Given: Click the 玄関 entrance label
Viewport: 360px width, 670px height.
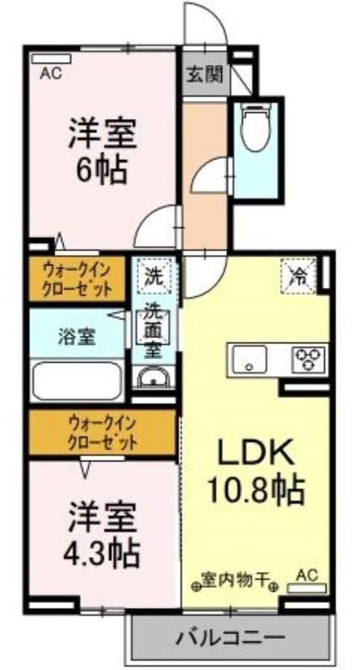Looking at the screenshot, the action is point(204,75).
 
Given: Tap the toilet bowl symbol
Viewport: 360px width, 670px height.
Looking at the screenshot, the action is point(256,125).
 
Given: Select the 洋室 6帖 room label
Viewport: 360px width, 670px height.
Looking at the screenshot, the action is point(102,151).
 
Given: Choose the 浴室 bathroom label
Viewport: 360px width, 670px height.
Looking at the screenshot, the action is point(76,338).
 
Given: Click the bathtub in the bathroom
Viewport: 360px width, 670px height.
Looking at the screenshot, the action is point(77,381).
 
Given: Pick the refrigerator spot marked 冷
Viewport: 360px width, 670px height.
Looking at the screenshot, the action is point(298,276).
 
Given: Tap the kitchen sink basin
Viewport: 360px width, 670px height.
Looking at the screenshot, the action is point(249,359).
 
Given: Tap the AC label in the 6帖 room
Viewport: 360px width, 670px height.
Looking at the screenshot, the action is point(51,74).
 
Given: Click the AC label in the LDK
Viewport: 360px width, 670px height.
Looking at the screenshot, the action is point(306,576).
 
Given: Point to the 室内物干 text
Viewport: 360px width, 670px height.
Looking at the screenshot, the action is point(235,581).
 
